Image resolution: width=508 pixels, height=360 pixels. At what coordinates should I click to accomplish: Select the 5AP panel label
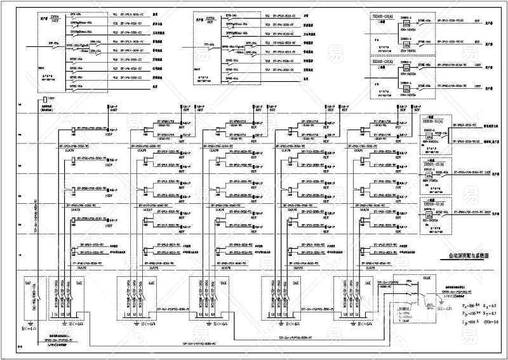(28, 281)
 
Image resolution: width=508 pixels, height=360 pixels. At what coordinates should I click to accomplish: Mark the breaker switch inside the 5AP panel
(37, 298)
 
